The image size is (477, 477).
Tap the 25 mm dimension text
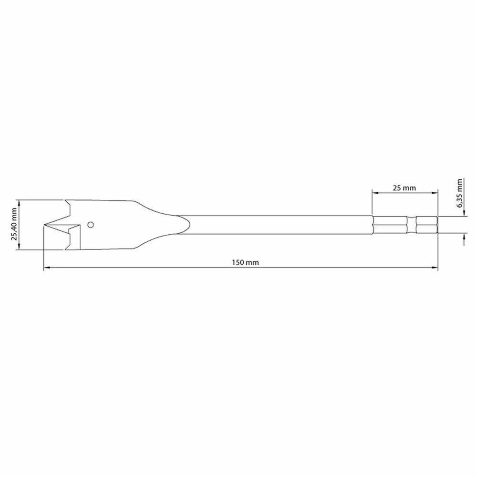(x=404, y=188)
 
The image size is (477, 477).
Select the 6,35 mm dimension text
(x=459, y=193)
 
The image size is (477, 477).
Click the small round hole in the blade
(x=91, y=224)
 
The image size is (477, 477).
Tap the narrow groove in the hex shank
(x=412, y=225)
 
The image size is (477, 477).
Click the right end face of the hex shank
(x=437, y=225)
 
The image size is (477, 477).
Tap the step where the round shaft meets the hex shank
(x=372, y=225)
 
